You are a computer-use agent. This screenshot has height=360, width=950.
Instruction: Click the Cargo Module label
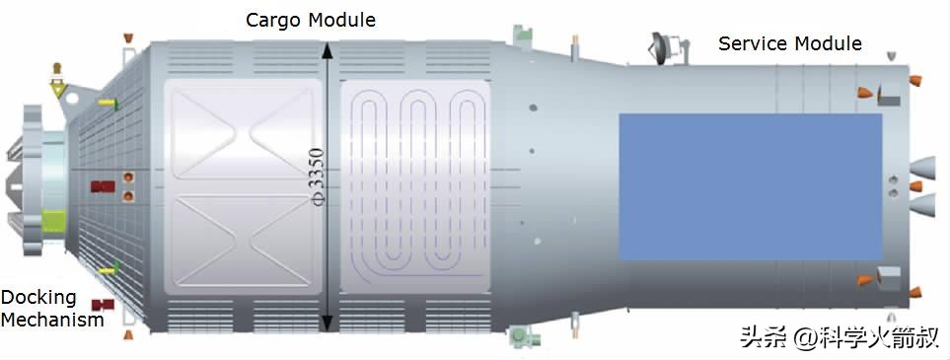pos(312,20)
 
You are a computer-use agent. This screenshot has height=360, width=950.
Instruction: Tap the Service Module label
pos(789,43)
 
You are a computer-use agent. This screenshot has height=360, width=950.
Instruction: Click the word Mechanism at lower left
pos(52,320)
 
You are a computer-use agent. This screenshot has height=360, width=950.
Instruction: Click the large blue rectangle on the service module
pos(750,186)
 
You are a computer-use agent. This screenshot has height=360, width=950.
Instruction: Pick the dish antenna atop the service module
pos(662,45)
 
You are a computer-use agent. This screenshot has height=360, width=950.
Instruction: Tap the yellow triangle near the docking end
pos(58,91)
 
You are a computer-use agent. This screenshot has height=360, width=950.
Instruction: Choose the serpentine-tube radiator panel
pos(414,187)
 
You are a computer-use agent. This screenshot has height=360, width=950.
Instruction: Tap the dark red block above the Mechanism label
pos(99,305)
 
